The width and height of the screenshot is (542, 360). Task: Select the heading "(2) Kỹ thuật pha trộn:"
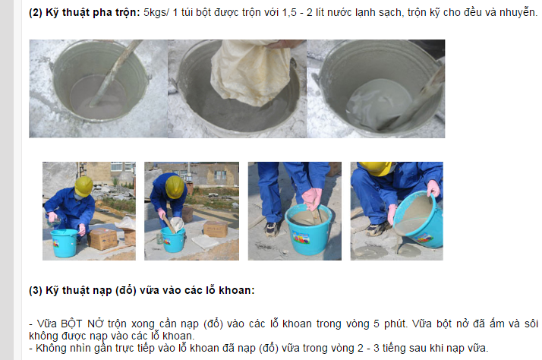[x=84, y=12]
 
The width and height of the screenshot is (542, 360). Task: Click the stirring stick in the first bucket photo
[x=114, y=74]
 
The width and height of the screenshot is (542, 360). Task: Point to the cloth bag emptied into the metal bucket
[x=251, y=71]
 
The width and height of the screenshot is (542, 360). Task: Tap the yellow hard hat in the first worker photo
[x=84, y=186]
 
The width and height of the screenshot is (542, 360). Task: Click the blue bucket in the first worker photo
[x=65, y=243]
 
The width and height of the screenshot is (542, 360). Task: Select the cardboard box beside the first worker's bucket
[x=103, y=238]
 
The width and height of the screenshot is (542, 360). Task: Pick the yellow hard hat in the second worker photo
[x=175, y=187]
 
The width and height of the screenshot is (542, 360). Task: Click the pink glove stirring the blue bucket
[x=313, y=198]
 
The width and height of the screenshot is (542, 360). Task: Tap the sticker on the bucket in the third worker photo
[x=301, y=238]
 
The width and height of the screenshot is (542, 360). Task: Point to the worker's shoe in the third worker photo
[x=271, y=229]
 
